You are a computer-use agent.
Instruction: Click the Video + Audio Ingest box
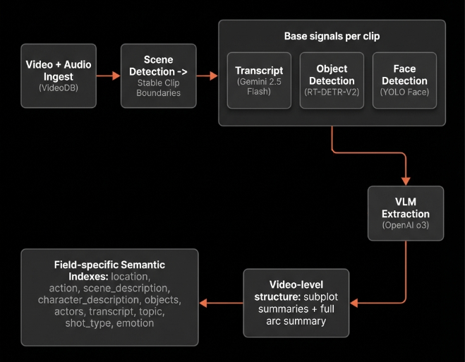pos(59,76)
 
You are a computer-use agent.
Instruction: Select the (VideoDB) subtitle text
pos(59,89)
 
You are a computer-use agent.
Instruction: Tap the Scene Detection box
pos(158,76)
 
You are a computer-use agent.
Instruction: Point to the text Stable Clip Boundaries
pos(158,88)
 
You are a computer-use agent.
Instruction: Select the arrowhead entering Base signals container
pos(212,76)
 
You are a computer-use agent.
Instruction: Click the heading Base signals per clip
pos(331,36)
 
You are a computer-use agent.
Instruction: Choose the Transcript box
pos(258,80)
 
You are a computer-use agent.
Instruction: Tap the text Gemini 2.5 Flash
pos(258,86)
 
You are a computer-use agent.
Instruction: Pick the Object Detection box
pos(331,80)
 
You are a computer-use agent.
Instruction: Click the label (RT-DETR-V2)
pos(331,92)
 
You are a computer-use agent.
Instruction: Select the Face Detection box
pos(404,80)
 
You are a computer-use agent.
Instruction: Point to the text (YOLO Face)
pos(404,92)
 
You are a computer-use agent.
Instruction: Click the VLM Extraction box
pos(406,213)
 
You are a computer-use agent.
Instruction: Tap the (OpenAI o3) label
pos(406,227)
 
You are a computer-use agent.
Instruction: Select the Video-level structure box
pos(296,302)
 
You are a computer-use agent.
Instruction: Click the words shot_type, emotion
pos(109,323)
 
